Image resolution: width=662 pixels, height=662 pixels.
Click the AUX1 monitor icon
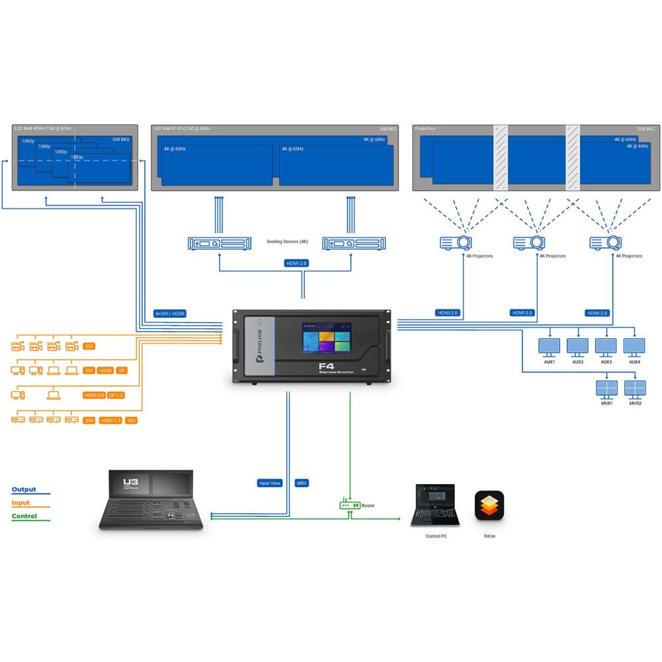click(x=549, y=346)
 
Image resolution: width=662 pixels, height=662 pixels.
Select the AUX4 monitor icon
click(x=634, y=346)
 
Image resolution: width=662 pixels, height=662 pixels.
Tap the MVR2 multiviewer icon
click(x=635, y=388)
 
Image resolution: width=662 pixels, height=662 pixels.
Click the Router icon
click(x=350, y=505)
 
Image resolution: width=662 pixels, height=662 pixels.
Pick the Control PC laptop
click(x=435, y=506)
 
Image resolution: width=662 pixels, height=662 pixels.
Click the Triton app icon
click(x=489, y=506)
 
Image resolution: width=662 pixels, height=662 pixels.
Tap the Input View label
click(x=269, y=483)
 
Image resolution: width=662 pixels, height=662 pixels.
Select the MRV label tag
click(x=302, y=483)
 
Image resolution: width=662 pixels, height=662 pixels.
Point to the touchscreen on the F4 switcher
click(x=327, y=341)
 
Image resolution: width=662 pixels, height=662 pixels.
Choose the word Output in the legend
click(x=24, y=490)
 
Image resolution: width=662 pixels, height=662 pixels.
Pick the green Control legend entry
click(x=24, y=516)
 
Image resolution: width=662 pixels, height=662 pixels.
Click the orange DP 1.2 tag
click(x=116, y=395)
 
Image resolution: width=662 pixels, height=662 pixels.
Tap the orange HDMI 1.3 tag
click(x=110, y=420)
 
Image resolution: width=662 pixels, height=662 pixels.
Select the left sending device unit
click(x=220, y=244)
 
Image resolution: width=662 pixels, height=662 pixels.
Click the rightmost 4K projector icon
click(x=604, y=242)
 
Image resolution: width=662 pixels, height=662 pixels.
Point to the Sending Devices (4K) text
click(x=287, y=242)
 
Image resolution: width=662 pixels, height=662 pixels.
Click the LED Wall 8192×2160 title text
click(x=181, y=128)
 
